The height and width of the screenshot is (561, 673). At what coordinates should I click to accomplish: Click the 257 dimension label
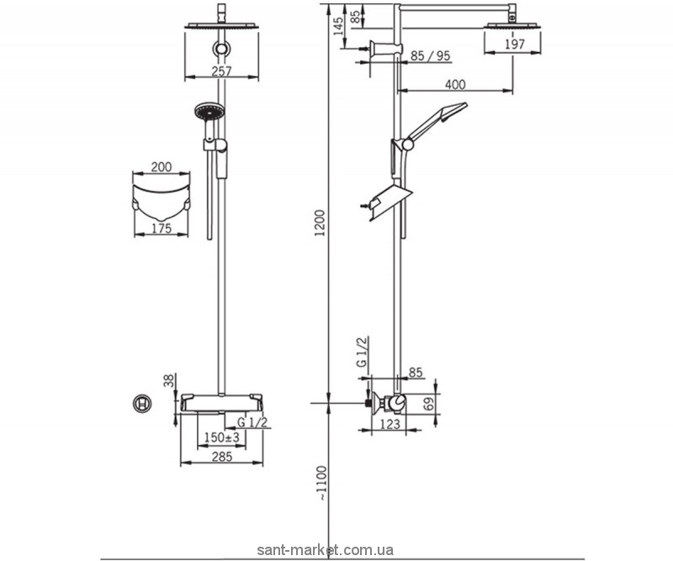click(222, 71)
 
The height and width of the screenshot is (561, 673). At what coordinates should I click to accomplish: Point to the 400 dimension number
click(455, 85)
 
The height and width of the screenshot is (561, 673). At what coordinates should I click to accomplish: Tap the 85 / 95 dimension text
click(431, 57)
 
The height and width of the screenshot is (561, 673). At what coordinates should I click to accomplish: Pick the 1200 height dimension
click(318, 224)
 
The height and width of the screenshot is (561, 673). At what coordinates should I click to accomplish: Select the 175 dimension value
click(161, 228)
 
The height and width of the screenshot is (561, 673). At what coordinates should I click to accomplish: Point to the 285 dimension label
click(220, 458)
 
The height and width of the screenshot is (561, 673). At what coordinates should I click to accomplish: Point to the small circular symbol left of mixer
click(142, 404)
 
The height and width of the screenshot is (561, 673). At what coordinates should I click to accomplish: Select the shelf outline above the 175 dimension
click(161, 197)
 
